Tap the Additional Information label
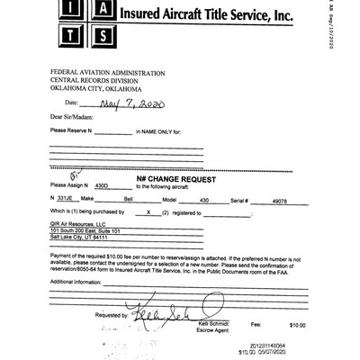(x=75, y=282)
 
